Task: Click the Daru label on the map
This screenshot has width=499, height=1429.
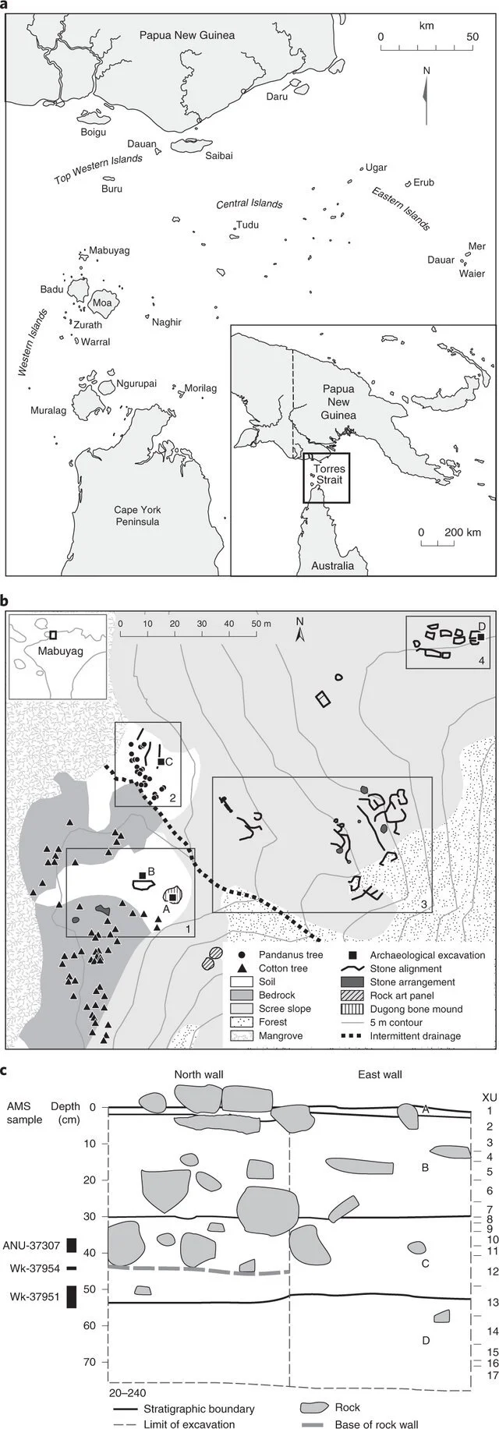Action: [277, 97]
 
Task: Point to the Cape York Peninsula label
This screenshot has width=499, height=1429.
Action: [137, 515]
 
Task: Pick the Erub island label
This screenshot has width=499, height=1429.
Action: [423, 183]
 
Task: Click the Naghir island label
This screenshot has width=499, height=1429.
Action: [167, 322]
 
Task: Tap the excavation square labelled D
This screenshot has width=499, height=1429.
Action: [481, 637]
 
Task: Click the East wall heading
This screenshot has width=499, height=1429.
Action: [380, 1074]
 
